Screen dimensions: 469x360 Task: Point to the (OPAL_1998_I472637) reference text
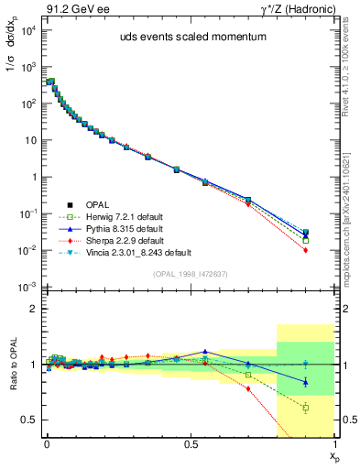click(190, 273)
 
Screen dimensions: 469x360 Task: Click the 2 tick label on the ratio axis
click(34, 309)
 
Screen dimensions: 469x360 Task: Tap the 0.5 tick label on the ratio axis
click(30, 420)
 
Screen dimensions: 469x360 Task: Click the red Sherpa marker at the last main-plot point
click(306, 250)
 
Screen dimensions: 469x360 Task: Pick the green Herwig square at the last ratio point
click(306, 408)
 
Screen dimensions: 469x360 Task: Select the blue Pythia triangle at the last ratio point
click(306, 382)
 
